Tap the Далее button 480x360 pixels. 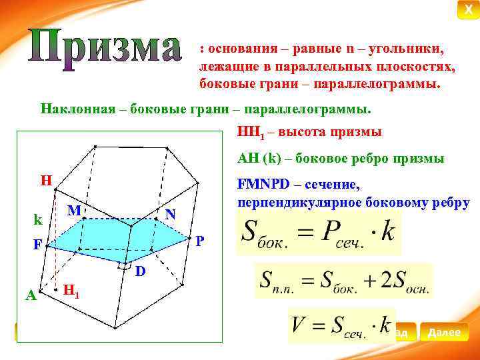pyautogui.click(x=444, y=331)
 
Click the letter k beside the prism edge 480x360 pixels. pyautogui.click(x=39, y=219)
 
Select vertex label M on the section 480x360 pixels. pyautogui.click(x=75, y=211)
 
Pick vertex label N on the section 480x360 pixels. pyautogui.click(x=171, y=214)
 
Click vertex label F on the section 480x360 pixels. pyautogui.click(x=39, y=245)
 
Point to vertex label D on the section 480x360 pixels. pyautogui.click(x=140, y=271)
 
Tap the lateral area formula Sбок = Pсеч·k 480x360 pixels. pyautogui.click(x=319, y=233)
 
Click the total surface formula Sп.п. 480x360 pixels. pyautogui.click(x=343, y=281)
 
